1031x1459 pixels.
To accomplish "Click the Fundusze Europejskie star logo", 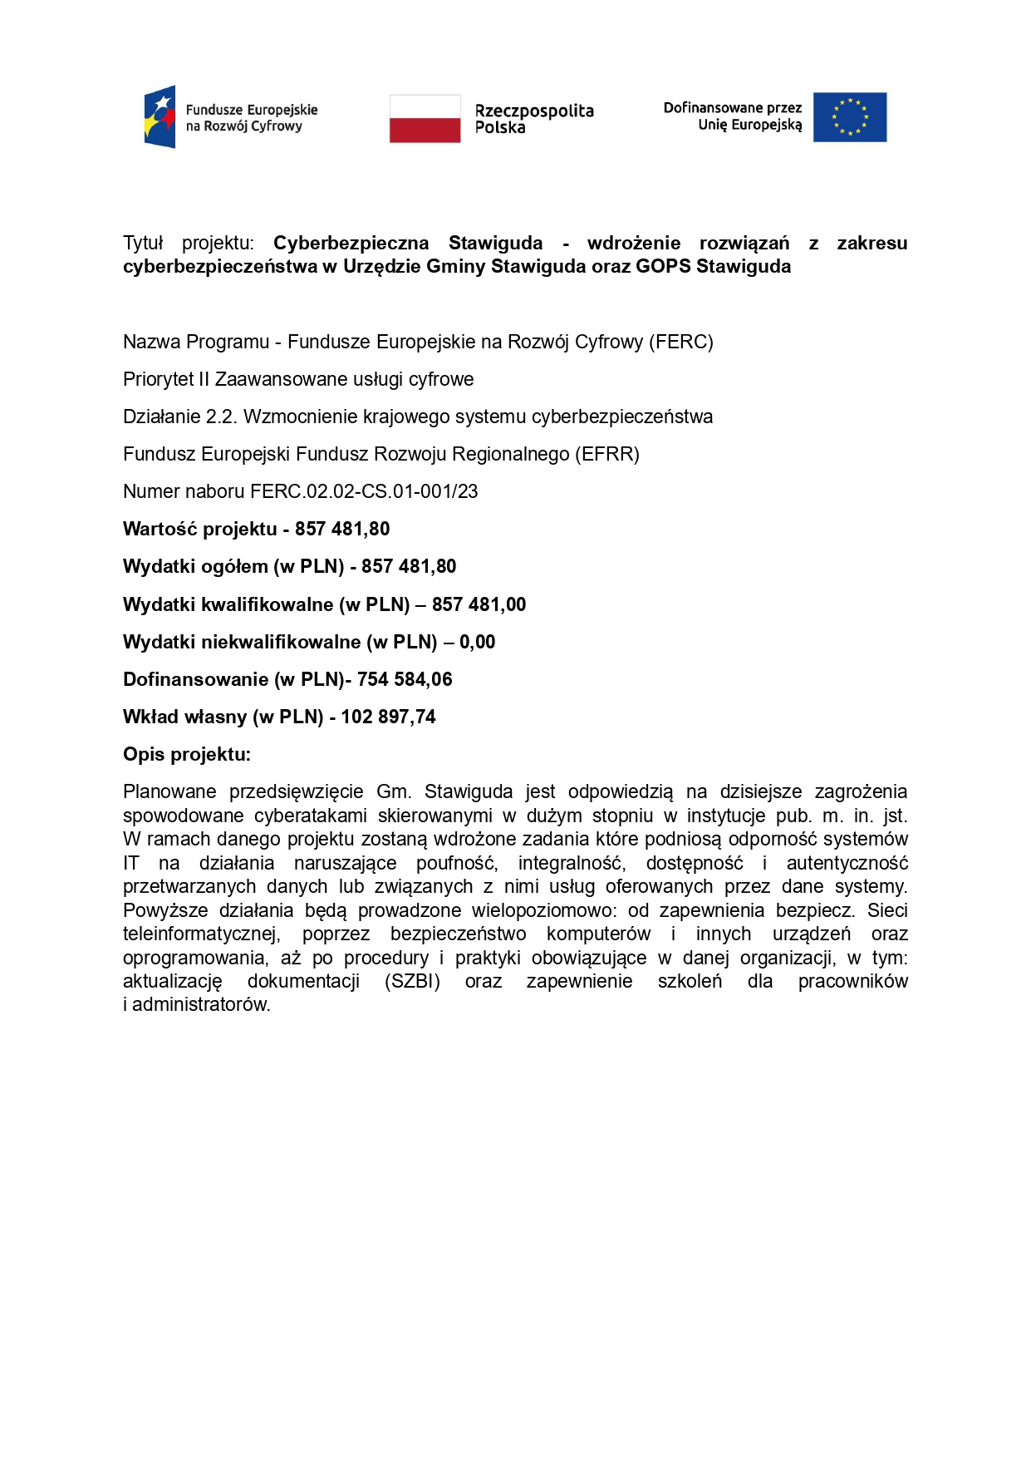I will pos(160,117).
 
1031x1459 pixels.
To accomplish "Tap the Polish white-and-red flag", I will pos(425,118).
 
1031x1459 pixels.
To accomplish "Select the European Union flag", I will pos(849,117).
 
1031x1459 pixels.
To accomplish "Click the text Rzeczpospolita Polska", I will pos(533,119).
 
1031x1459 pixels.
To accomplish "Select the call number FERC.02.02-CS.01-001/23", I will pos(364,492).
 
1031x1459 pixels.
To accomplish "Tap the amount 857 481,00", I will pos(479,605).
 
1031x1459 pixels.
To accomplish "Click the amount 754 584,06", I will pos(405,680).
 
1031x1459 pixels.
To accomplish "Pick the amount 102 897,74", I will pos(388,717).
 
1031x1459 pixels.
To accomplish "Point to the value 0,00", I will pos(477,643).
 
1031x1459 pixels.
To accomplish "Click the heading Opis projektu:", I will pos(187,755).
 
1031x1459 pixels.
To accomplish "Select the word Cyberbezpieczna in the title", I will pos(351,244).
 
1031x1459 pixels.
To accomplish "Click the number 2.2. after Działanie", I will pos(221,417).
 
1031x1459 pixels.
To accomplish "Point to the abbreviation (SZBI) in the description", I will pos(412,982).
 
